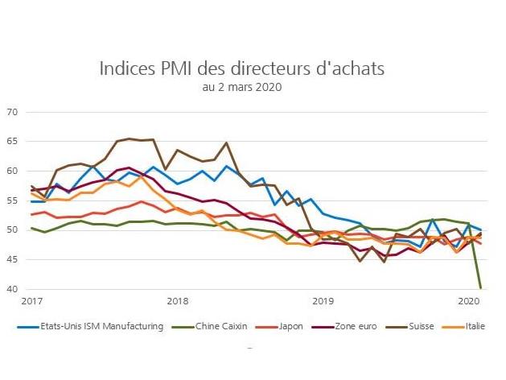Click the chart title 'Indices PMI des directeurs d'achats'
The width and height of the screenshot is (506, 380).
[x=242, y=68]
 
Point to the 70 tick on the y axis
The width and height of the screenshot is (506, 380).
[x=11, y=112]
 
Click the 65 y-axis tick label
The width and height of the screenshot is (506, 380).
[x=11, y=142]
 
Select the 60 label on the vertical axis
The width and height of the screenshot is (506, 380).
[x=11, y=171]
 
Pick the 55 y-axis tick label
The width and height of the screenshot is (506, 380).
[x=11, y=200]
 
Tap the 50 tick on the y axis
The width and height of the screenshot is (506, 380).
[x=11, y=230]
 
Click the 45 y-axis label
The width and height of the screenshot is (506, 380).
[x=11, y=259]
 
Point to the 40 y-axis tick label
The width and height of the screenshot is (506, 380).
[x=11, y=289]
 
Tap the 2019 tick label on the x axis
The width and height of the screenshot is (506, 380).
[x=322, y=301]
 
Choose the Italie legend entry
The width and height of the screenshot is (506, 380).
[x=478, y=325]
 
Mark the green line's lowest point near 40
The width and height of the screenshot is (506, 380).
[x=481, y=287]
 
